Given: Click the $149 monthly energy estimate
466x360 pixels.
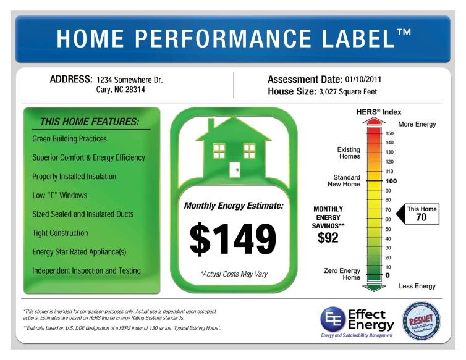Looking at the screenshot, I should coord(233,240).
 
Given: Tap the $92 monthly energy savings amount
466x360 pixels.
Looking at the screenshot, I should coord(328,238).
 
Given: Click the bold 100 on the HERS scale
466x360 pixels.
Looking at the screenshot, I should coord(390,181).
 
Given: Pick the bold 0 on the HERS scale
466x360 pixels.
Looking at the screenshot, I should coord(388,275).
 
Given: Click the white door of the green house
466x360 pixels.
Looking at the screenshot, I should coord(234,170).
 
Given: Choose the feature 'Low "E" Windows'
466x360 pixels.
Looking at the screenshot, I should coord(60,195).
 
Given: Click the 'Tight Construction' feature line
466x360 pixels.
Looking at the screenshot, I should coord(60,233).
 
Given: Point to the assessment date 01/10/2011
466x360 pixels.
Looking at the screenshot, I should coord(367,80).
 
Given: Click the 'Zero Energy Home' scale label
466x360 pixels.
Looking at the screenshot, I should coord(342,274).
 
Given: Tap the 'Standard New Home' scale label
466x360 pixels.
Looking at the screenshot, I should coord(344,180).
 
